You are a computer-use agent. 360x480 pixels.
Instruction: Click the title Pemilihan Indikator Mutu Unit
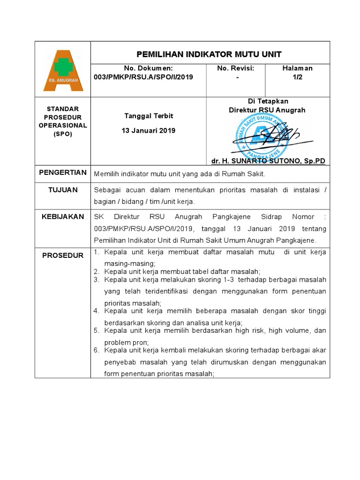[x=209, y=54]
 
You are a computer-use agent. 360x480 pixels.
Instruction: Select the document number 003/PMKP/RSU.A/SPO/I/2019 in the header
[x=149, y=77]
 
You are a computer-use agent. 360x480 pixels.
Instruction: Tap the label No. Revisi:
[x=235, y=68]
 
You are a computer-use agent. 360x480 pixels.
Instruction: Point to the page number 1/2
[x=297, y=77]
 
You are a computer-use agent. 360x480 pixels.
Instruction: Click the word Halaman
[x=297, y=68]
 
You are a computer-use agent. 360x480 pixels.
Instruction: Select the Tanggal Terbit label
[x=149, y=116]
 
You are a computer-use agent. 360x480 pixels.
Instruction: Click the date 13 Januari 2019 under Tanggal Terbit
[x=149, y=130]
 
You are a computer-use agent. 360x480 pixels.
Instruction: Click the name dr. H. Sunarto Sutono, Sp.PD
[x=268, y=161]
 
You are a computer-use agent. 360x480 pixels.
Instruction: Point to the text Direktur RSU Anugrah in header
[x=267, y=110]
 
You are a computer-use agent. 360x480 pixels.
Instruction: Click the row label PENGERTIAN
[x=63, y=172]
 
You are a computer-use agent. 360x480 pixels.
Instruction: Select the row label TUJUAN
[x=63, y=190]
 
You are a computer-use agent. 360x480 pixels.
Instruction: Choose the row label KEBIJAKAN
[x=63, y=217]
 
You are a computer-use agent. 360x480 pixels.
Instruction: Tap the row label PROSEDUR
[x=63, y=255]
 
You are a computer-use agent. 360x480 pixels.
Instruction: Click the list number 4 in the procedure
[x=96, y=311]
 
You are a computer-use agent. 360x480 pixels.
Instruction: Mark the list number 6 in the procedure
[x=96, y=350]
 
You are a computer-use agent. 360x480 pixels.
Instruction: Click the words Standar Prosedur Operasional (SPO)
[x=66, y=121]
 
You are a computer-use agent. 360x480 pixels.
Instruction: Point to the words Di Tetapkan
[x=268, y=101]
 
